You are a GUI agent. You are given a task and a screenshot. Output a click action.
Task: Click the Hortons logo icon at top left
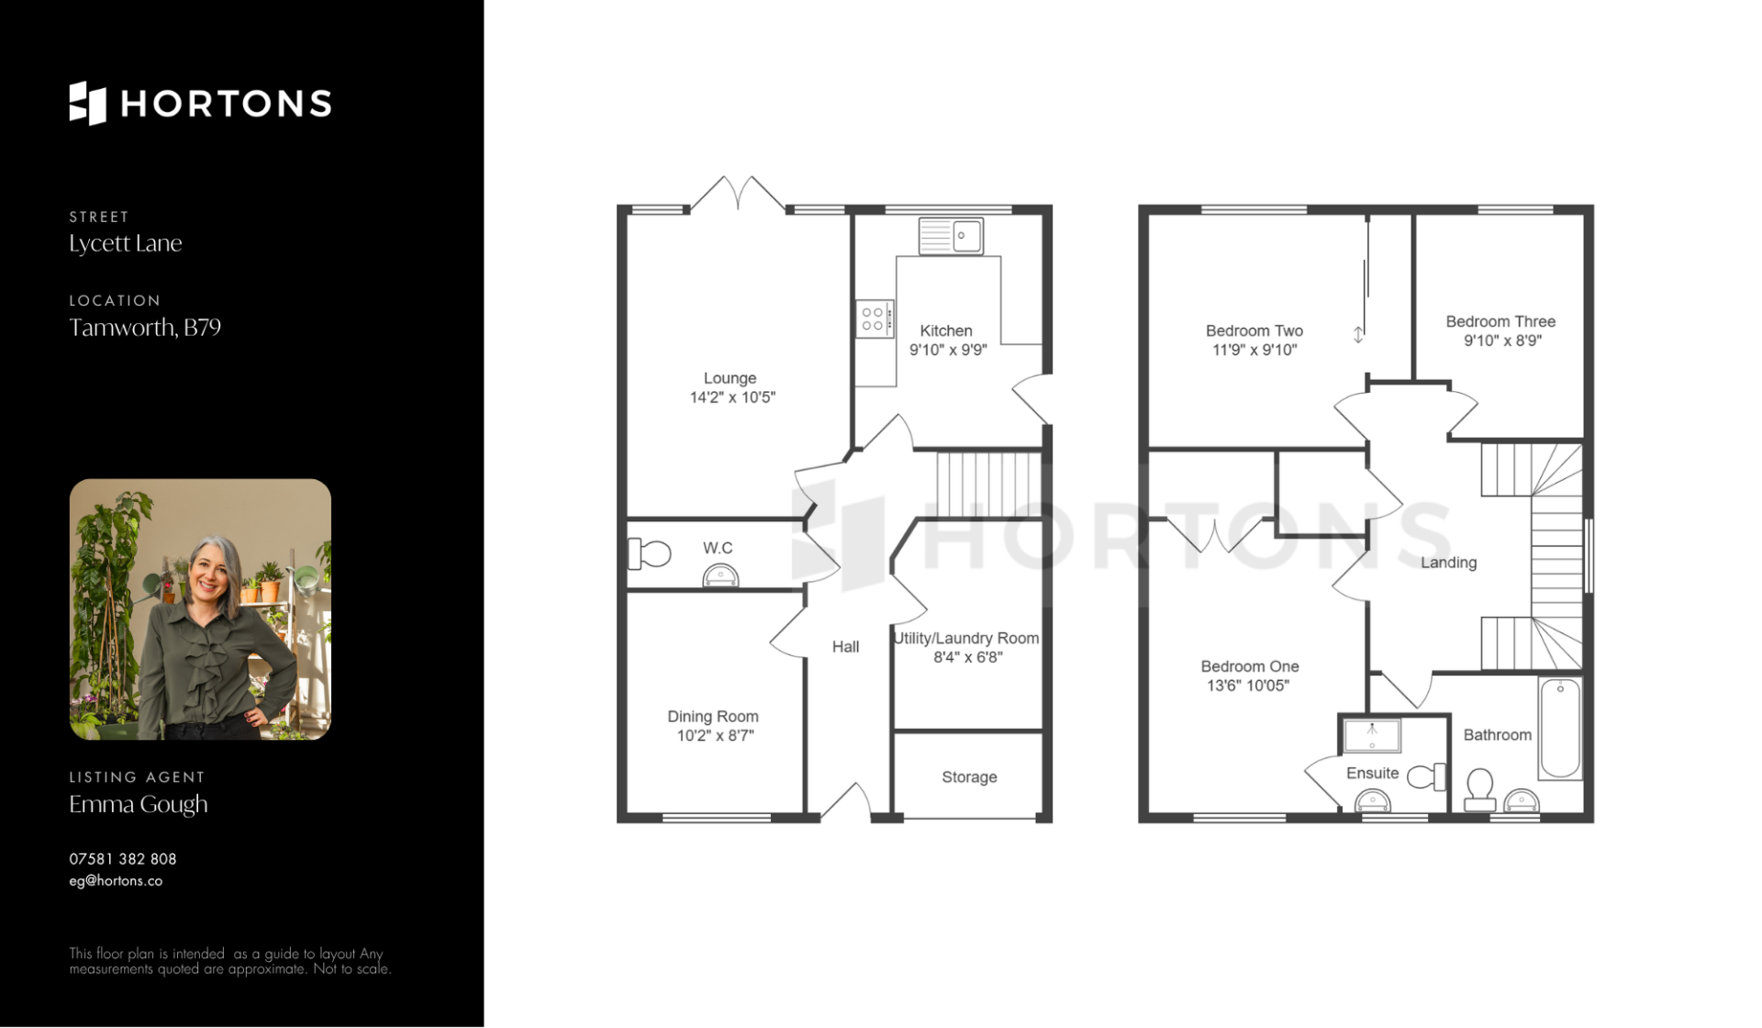(x=88, y=103)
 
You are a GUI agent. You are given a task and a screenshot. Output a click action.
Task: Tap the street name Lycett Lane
(x=126, y=243)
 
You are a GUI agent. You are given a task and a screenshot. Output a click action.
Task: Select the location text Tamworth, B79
(x=145, y=328)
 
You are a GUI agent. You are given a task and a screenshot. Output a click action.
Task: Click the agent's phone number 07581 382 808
(x=123, y=859)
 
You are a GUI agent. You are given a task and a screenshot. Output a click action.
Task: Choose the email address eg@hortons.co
(x=116, y=881)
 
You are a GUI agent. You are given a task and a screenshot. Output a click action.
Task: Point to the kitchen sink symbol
(x=951, y=236)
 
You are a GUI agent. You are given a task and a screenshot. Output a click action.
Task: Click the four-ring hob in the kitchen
(x=874, y=319)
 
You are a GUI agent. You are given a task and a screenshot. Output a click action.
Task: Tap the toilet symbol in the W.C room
(x=649, y=554)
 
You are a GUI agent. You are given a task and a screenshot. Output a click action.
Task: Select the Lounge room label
(x=730, y=378)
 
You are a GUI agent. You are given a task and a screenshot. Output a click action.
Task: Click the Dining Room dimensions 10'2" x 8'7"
(x=715, y=735)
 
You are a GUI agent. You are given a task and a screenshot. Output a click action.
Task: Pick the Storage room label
(x=969, y=777)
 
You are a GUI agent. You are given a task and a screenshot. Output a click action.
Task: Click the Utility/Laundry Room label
(x=967, y=638)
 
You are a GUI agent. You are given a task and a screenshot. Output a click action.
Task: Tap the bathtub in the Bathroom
(x=1560, y=729)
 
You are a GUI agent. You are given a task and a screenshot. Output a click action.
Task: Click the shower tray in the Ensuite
(x=1372, y=735)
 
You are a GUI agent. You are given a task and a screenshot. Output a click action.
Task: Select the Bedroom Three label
(x=1500, y=322)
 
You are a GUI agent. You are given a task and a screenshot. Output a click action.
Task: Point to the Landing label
(x=1449, y=563)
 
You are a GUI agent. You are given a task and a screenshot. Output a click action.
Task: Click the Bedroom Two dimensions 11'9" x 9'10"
(x=1255, y=350)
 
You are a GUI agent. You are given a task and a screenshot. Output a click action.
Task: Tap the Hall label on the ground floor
(x=845, y=647)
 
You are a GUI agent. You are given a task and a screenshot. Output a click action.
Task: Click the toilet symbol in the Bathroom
(x=1479, y=790)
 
